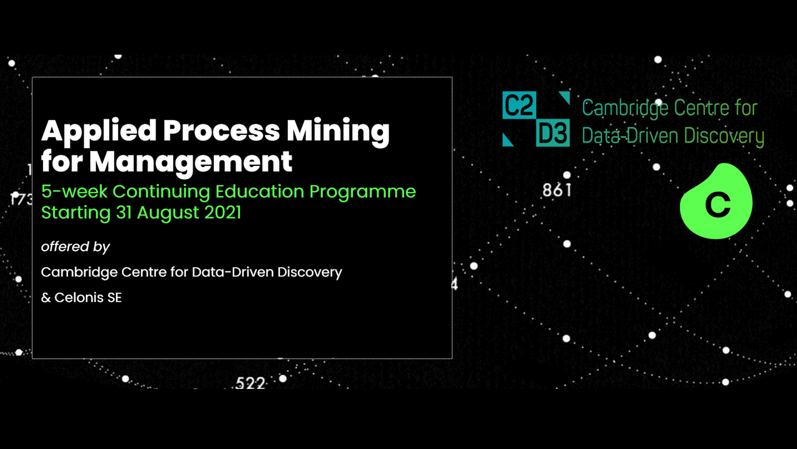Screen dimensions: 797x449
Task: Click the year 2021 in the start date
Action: coord(222,213)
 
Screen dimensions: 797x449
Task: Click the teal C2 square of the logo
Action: coord(519,105)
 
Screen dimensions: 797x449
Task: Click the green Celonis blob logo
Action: coord(716,201)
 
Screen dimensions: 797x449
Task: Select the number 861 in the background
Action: coord(557,190)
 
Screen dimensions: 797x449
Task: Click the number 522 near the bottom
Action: coord(250,383)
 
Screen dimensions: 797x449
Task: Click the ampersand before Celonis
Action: coord(46,298)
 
